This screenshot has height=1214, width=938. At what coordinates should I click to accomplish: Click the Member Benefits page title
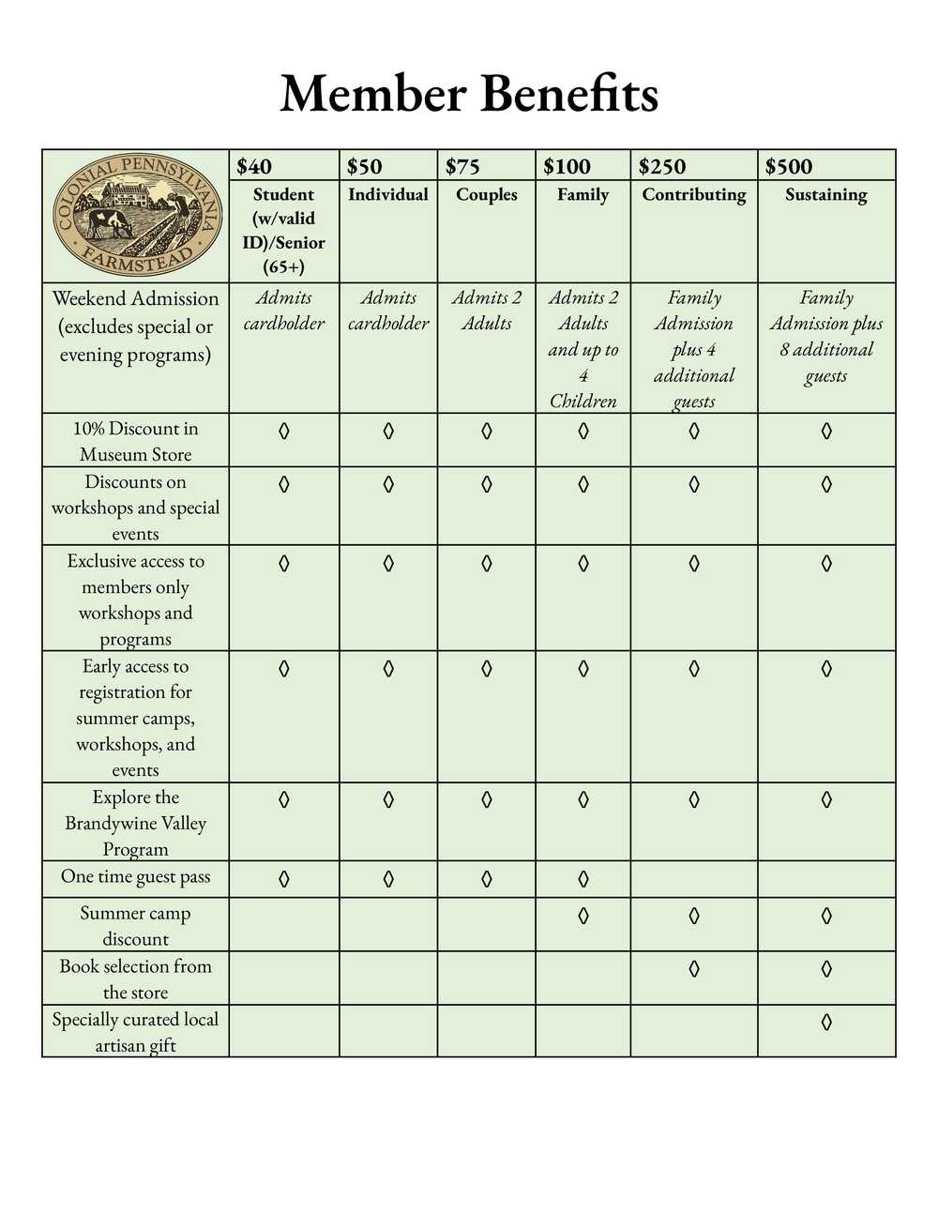point(469,95)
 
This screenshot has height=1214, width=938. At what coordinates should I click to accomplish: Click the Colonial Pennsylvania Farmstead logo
point(136,217)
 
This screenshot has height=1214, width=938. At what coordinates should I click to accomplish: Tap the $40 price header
point(254,167)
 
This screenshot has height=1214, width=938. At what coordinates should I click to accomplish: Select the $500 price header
point(789,167)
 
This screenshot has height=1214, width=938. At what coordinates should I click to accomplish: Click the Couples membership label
point(486,194)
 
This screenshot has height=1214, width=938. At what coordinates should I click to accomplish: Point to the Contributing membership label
point(694,194)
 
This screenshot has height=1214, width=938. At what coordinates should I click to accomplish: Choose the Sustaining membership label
point(826,194)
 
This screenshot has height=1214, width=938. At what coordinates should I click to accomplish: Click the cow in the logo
point(108,223)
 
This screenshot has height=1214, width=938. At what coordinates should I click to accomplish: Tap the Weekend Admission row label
point(136,326)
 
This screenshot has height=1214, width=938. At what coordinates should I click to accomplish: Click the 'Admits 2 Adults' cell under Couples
point(486,311)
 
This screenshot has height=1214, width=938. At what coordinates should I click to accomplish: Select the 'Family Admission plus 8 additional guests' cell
point(826,337)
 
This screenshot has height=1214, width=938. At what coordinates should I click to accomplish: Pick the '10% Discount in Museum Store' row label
point(136,441)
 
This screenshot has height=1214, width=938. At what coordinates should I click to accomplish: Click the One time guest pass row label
point(136,877)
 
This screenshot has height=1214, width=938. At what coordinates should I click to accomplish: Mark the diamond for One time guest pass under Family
point(583,879)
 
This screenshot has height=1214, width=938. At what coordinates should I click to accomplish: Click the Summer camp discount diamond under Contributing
point(694,915)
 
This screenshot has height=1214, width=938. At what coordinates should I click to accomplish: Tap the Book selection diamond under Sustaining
point(826,968)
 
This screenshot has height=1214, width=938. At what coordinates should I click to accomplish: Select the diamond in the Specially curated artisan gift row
point(826,1022)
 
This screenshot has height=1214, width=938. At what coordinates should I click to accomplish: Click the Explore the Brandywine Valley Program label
point(136,823)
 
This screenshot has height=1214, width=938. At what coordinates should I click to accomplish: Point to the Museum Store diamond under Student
point(284,431)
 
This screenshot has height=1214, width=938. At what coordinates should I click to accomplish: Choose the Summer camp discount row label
point(136,926)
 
